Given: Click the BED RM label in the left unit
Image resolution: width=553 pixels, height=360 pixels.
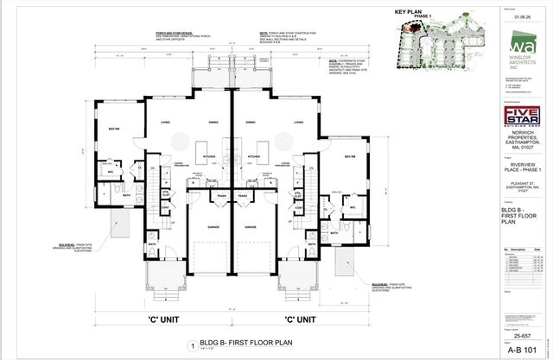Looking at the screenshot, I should point(112,129).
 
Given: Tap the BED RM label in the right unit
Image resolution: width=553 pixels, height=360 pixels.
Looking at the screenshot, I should point(350,155).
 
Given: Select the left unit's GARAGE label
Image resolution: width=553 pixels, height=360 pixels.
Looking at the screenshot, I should point(211,227).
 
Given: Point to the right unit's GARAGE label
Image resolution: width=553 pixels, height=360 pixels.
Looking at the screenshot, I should point(251,227).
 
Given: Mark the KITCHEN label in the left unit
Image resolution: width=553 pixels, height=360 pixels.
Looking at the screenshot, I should point(208,156).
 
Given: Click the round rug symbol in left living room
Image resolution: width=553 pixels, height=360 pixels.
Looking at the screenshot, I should point(172,141).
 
